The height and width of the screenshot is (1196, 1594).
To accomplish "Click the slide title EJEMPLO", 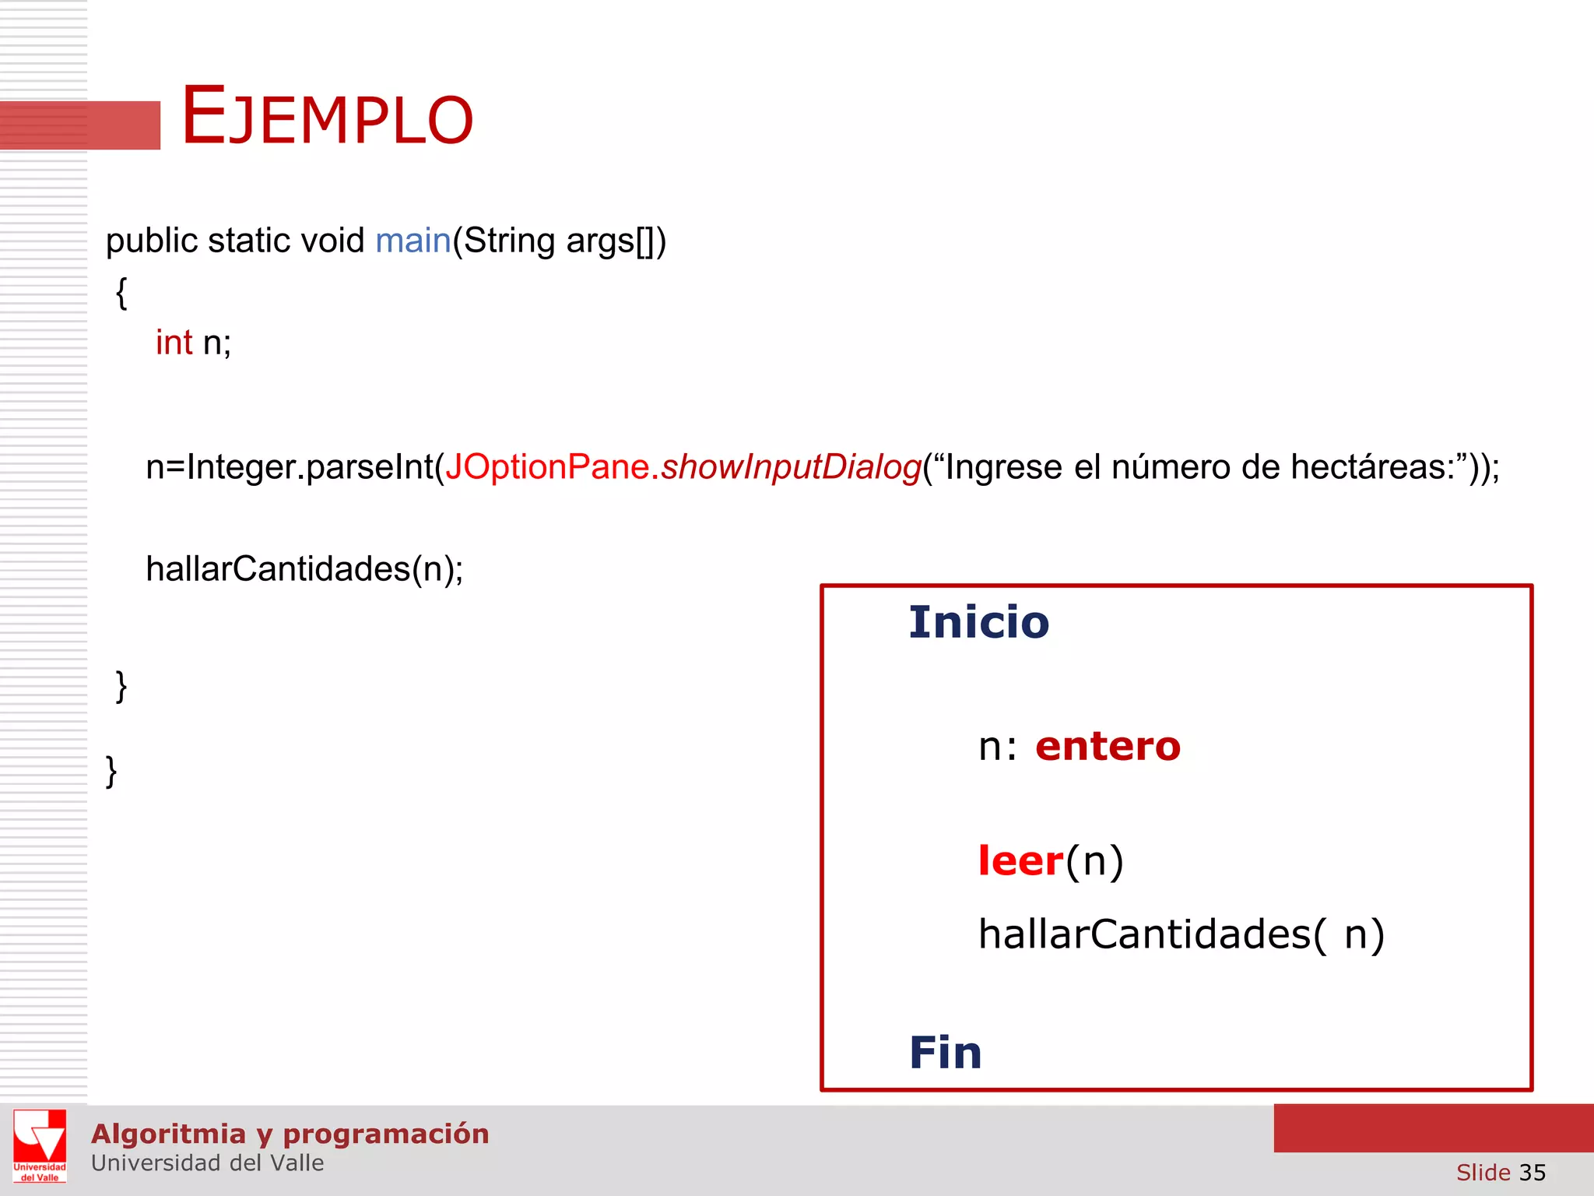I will (x=327, y=117).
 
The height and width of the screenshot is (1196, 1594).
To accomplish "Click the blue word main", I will (x=413, y=241).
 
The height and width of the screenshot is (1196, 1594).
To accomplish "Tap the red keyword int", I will (x=174, y=343).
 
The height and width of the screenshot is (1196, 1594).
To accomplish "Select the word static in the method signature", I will (x=249, y=241).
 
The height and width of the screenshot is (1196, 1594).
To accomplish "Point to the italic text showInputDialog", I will (x=791, y=467).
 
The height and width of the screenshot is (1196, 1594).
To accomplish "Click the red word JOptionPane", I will (x=547, y=467).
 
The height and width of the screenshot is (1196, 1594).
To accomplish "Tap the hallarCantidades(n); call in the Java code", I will (x=304, y=569).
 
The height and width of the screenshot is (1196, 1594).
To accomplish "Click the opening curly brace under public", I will (x=121, y=294).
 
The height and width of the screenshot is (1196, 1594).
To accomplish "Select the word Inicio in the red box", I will (x=978, y=622).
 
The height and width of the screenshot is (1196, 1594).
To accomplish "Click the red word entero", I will (x=1108, y=746).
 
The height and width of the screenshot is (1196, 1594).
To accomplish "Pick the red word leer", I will (x=1020, y=861).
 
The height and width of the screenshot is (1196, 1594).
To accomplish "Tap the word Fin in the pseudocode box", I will (x=945, y=1053).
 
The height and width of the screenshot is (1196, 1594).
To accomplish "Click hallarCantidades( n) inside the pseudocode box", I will (x=1181, y=934).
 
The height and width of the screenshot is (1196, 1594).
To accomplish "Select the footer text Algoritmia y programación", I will (x=290, y=1134).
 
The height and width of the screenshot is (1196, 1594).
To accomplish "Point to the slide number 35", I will (x=1532, y=1172).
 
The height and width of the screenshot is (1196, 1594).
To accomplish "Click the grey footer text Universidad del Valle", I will (x=207, y=1163).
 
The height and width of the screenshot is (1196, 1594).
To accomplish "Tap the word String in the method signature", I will (x=509, y=241).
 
